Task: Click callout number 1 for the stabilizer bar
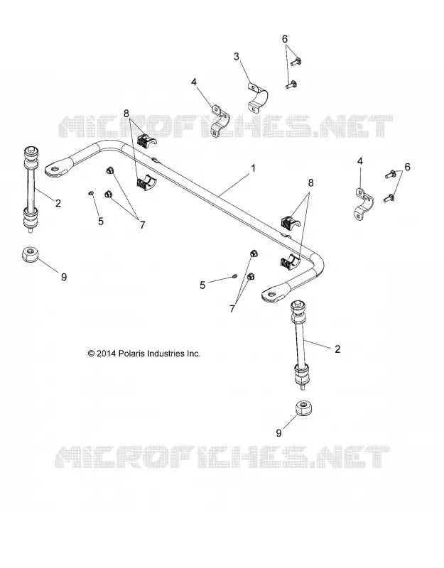click(x=254, y=168)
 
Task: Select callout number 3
click(x=237, y=57)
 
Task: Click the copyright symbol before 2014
click(x=92, y=354)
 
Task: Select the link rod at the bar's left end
click(x=31, y=189)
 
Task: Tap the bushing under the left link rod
click(x=31, y=254)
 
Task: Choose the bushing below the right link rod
click(x=303, y=409)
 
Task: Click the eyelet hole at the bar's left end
click(x=55, y=168)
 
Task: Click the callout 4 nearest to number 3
click(x=194, y=82)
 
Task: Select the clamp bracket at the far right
click(x=362, y=204)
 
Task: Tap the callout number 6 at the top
click(x=285, y=39)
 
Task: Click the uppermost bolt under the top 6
click(x=296, y=61)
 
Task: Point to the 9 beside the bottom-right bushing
click(x=278, y=433)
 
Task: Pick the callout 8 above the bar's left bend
click(x=126, y=114)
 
